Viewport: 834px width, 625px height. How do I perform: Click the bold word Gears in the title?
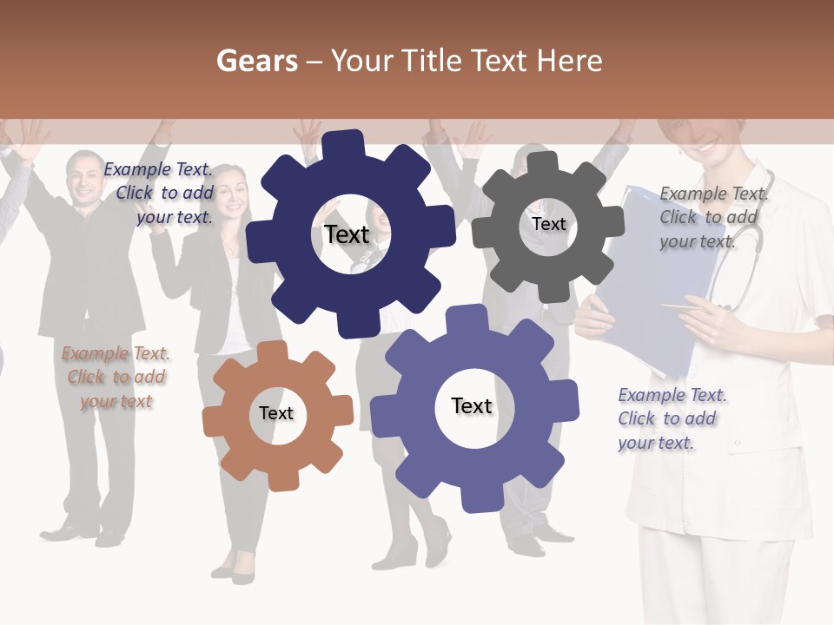click(x=257, y=61)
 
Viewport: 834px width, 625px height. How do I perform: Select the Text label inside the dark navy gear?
click(x=347, y=234)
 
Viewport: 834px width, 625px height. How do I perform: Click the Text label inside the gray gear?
click(x=548, y=224)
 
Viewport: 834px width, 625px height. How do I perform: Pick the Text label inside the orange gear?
click(x=276, y=413)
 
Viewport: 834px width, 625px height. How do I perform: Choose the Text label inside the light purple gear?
click(x=472, y=406)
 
